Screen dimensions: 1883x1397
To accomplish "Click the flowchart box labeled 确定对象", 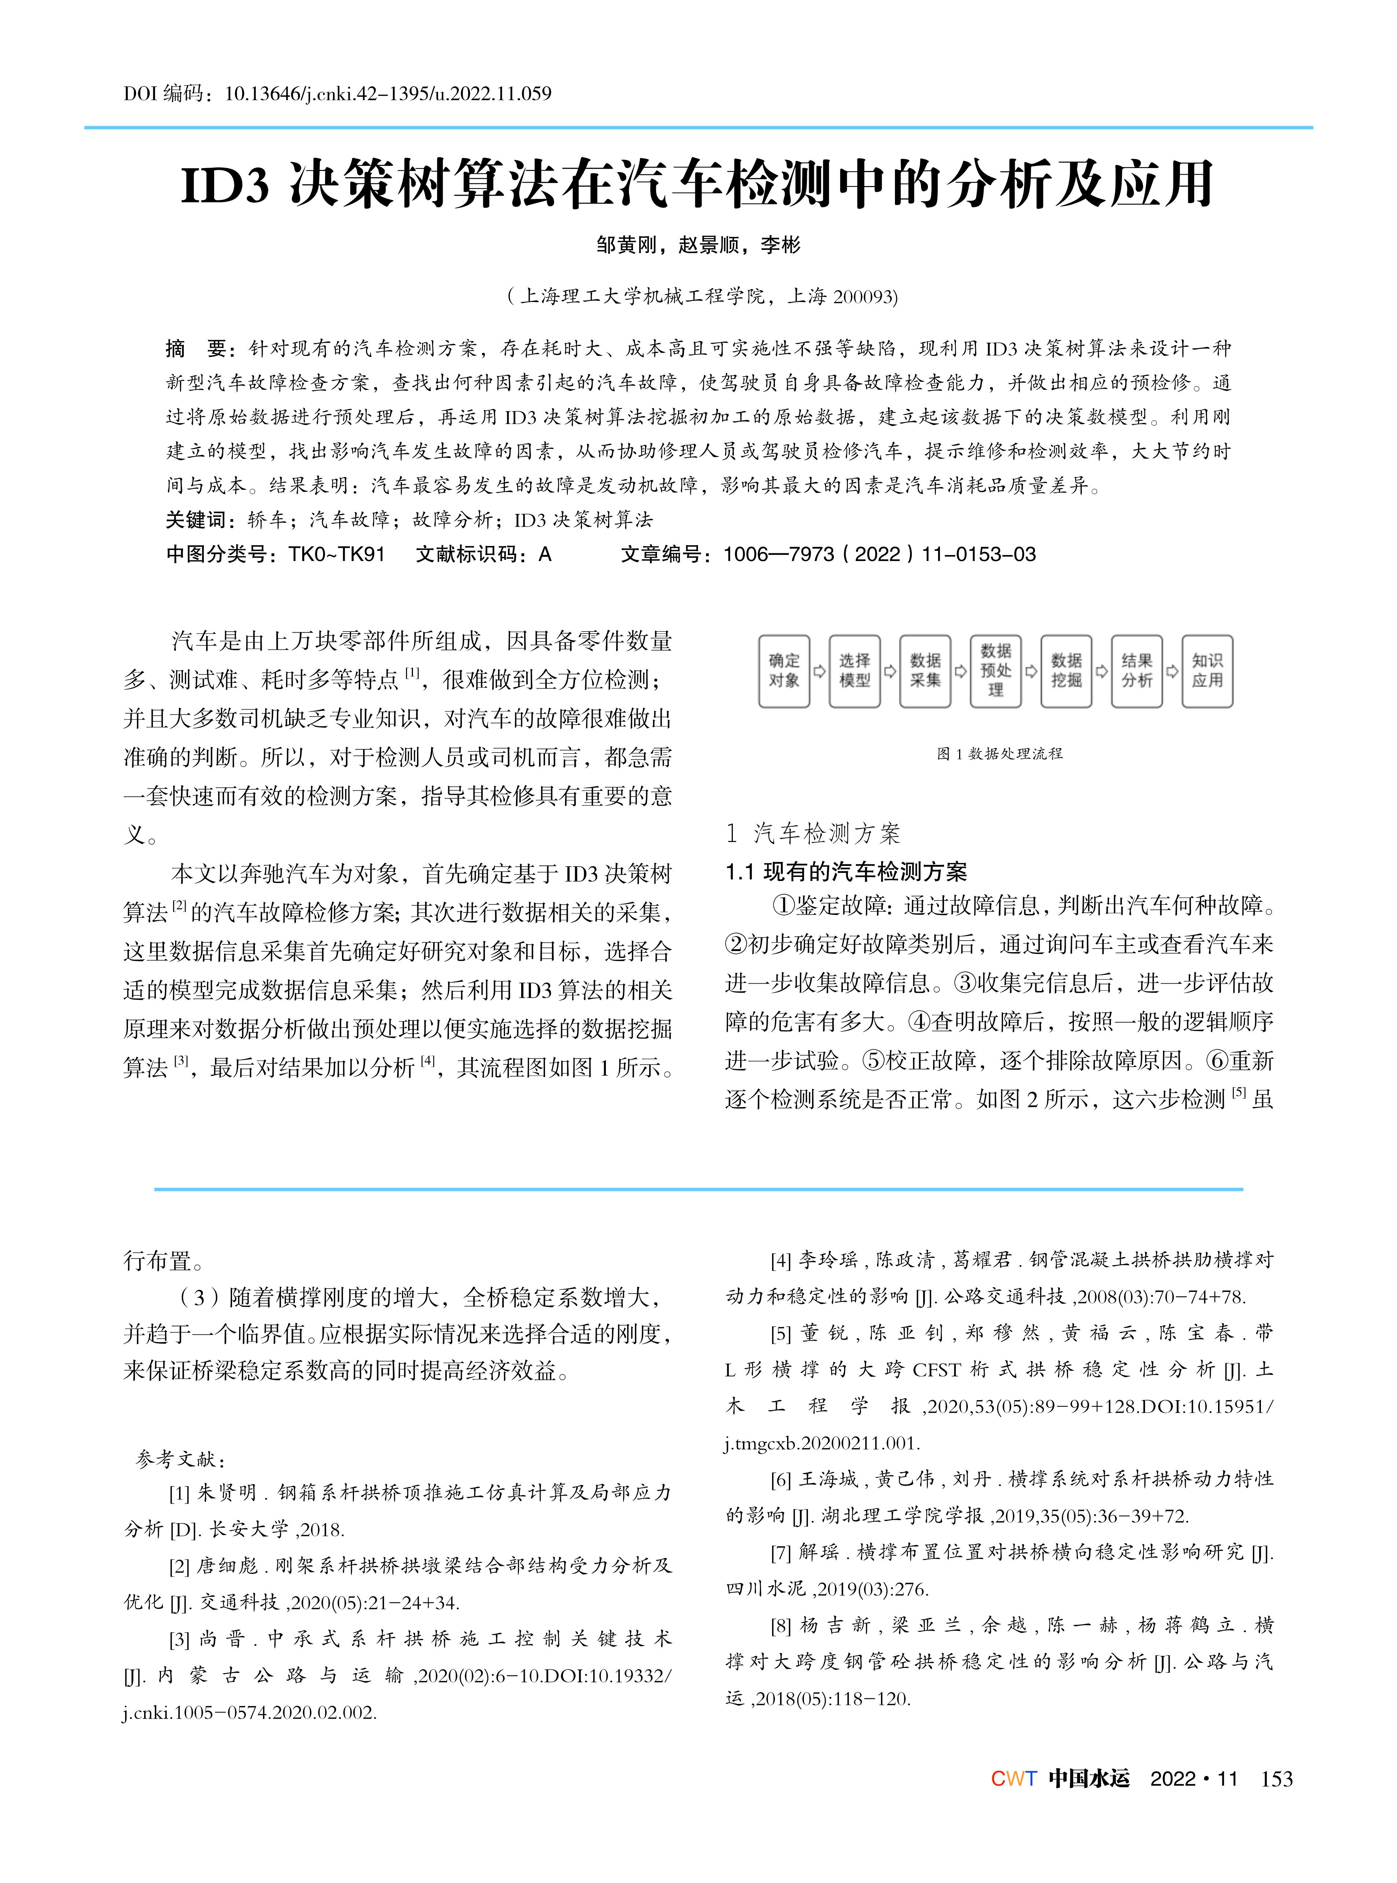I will point(784,671).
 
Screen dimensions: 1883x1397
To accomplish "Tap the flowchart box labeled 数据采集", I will point(925,671).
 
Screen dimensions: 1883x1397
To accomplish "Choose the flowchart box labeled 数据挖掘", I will point(1066,671).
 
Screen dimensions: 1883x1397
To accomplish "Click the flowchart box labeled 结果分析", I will point(1137,671).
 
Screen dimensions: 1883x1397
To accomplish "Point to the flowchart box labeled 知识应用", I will point(1207,671).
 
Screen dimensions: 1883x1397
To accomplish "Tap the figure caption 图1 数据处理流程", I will point(999,754).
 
